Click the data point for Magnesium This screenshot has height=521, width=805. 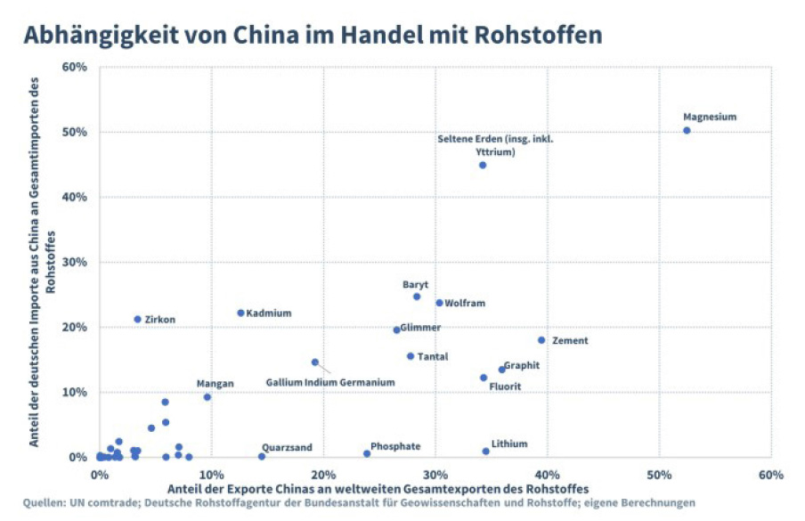(x=687, y=130)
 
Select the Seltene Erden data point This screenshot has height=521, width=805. (x=483, y=165)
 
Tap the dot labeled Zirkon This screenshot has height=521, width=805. (x=138, y=319)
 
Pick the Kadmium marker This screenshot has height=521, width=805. (x=240, y=313)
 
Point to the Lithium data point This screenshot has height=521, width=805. (x=485, y=451)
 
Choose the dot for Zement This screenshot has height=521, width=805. (x=541, y=340)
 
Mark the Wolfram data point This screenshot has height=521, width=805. (x=439, y=303)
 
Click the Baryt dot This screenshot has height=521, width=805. (x=416, y=297)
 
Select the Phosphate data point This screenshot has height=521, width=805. (x=367, y=453)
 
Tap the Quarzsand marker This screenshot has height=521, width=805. (x=262, y=456)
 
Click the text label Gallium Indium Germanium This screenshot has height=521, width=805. (x=329, y=382)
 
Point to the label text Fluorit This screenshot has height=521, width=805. (x=505, y=387)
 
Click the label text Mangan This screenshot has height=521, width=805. (x=215, y=384)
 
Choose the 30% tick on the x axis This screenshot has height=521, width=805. (x=435, y=473)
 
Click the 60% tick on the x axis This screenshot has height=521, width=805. (x=770, y=473)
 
